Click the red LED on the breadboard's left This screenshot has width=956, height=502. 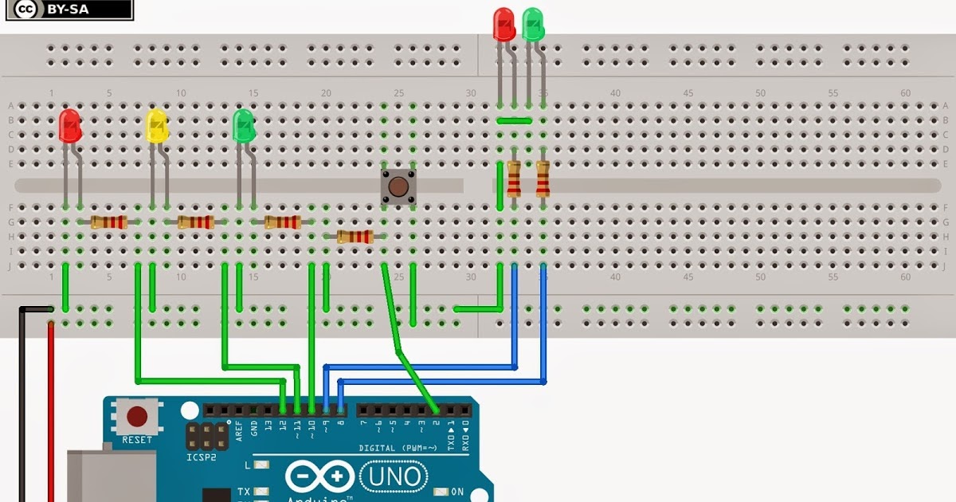[70, 126]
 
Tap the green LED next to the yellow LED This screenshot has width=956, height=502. [243, 126]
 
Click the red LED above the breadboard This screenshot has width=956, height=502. [503, 24]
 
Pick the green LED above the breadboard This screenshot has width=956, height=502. [533, 24]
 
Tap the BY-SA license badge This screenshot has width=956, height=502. [66, 10]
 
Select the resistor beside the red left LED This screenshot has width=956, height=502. [109, 222]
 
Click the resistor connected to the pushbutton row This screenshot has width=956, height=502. [355, 236]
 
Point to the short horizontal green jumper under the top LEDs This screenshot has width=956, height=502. [514, 121]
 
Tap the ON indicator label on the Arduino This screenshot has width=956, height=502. [456, 492]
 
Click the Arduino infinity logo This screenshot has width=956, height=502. [319, 477]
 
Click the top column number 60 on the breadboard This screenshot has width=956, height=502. [905, 93]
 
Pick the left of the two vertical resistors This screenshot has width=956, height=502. [514, 178]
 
